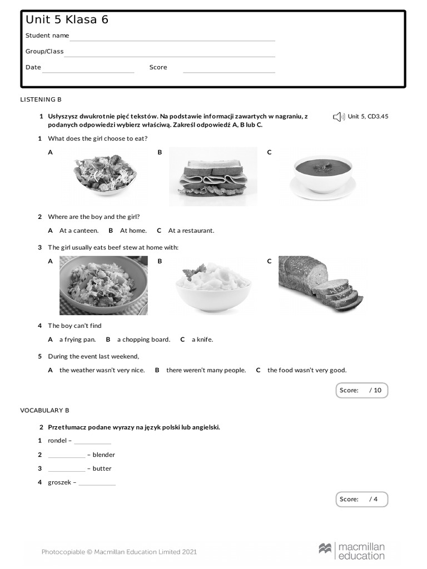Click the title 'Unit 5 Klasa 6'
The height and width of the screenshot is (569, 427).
67,20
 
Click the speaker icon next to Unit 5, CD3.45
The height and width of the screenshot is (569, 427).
339,117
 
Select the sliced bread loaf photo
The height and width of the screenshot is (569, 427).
321,284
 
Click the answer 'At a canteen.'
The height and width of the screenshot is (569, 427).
79,231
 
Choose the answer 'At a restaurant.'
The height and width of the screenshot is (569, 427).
191,231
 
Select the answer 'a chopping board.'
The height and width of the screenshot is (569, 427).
143,340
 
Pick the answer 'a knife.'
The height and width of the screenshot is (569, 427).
202,340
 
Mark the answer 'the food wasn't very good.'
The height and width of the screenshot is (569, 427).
306,370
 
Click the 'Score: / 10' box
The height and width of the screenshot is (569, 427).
361,390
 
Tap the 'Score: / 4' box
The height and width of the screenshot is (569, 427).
361,499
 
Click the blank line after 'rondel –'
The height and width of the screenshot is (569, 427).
92,442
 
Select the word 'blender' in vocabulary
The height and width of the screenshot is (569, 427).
104,455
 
